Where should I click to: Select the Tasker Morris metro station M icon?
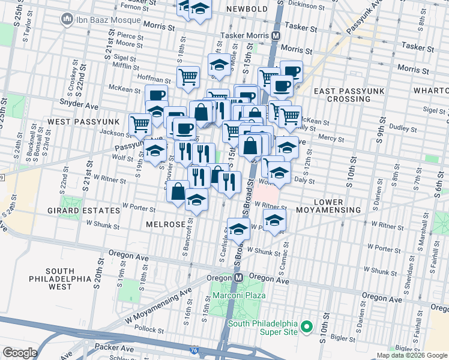tap(276, 35)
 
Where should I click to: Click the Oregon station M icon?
tap(238, 278)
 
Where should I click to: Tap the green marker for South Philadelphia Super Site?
tap(307, 327)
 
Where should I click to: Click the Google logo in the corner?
tap(20, 353)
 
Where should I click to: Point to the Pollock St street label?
tap(146, 329)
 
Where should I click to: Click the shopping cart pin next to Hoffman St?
tap(188, 76)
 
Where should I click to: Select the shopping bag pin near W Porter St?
tap(178, 192)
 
